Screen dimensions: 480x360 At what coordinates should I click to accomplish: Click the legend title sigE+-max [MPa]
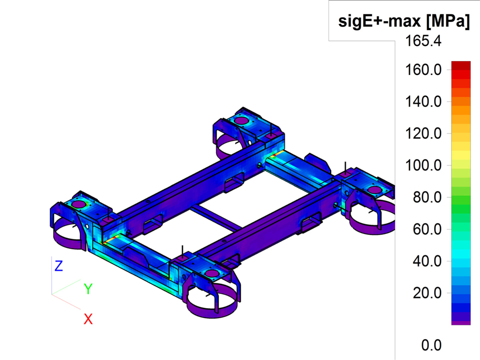(404, 21)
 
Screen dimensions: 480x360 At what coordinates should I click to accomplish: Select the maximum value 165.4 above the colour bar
(423, 40)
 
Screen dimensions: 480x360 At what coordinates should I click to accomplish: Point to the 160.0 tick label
(423, 70)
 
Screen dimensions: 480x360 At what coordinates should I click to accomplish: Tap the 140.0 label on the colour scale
(423, 101)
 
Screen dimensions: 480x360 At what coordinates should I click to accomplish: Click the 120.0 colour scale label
(423, 133)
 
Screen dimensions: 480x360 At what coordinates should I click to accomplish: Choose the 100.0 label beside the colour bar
(423, 165)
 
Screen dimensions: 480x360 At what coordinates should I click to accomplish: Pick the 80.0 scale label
(427, 197)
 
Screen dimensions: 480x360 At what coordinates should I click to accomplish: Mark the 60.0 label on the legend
(427, 229)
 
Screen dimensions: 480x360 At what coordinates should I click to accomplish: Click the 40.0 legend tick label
(427, 261)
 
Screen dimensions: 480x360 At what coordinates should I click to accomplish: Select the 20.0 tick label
(427, 293)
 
